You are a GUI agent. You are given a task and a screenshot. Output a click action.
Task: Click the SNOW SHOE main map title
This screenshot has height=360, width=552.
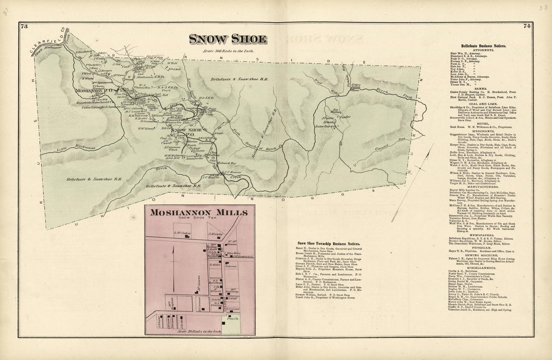click(228, 39)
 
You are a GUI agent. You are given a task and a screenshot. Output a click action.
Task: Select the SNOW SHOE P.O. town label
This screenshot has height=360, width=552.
click(184, 131)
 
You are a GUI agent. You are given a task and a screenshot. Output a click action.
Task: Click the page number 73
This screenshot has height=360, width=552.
click(24, 27)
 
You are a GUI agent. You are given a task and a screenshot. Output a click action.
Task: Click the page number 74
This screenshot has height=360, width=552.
click(527, 26)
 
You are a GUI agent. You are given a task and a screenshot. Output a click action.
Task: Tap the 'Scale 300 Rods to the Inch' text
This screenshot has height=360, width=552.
click(227, 51)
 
